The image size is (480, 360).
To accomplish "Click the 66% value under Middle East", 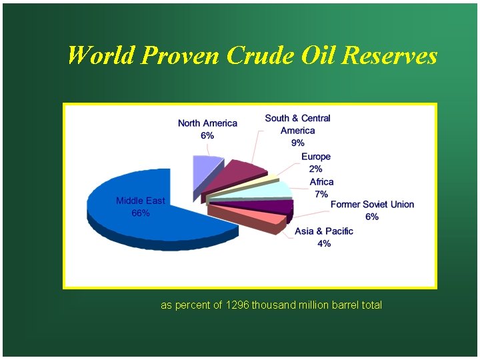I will tap(140, 213).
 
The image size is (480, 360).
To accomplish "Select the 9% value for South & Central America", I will tap(297, 143).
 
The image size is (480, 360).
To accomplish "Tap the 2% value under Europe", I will tap(315, 169).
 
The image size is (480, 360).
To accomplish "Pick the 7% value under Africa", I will tap(321, 194).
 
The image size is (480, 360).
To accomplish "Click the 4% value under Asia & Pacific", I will tap(324, 243).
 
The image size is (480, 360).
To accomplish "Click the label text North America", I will tap(207, 123).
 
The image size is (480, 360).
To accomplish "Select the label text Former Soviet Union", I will tap(372, 204).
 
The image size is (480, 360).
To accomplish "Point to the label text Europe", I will tap(316, 157).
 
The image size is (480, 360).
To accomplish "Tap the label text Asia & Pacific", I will tap(324, 231).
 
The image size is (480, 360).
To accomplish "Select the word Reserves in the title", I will tap(389, 55).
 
